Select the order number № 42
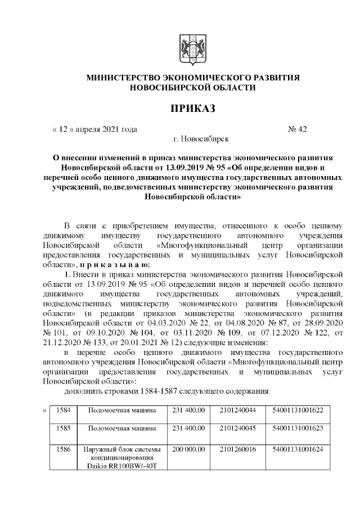(x=297, y=129)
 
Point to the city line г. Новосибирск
(x=201, y=138)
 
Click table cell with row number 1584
(x=63, y=410)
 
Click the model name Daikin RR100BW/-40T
(x=122, y=467)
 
